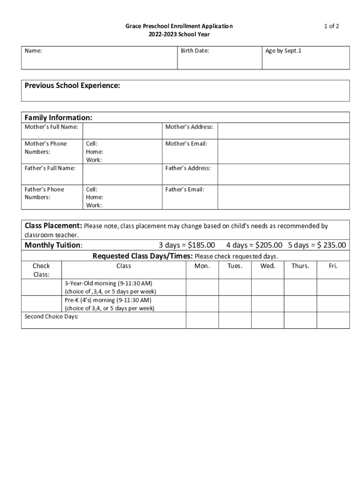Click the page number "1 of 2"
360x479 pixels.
[x=331, y=26]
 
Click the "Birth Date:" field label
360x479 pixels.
[x=194, y=51]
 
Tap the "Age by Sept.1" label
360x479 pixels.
[x=283, y=51]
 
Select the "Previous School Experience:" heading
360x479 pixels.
[x=72, y=86]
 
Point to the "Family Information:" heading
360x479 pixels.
[x=58, y=117]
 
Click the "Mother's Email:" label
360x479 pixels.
[x=186, y=144]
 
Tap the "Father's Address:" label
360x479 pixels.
[x=188, y=168]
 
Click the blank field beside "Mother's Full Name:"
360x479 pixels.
[x=122, y=131]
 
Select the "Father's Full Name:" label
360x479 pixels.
[x=50, y=168]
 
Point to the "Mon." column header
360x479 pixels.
[x=202, y=266]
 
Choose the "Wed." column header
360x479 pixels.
[x=268, y=266]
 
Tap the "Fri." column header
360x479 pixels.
[x=333, y=266]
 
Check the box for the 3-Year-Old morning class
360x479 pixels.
[x=41, y=287]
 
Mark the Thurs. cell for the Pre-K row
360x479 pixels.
[x=300, y=304]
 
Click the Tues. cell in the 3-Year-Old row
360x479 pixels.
[x=235, y=287]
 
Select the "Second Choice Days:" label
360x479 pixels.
[x=51, y=317]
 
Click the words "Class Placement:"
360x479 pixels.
[x=53, y=226]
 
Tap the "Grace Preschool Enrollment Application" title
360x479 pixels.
[x=179, y=27]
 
